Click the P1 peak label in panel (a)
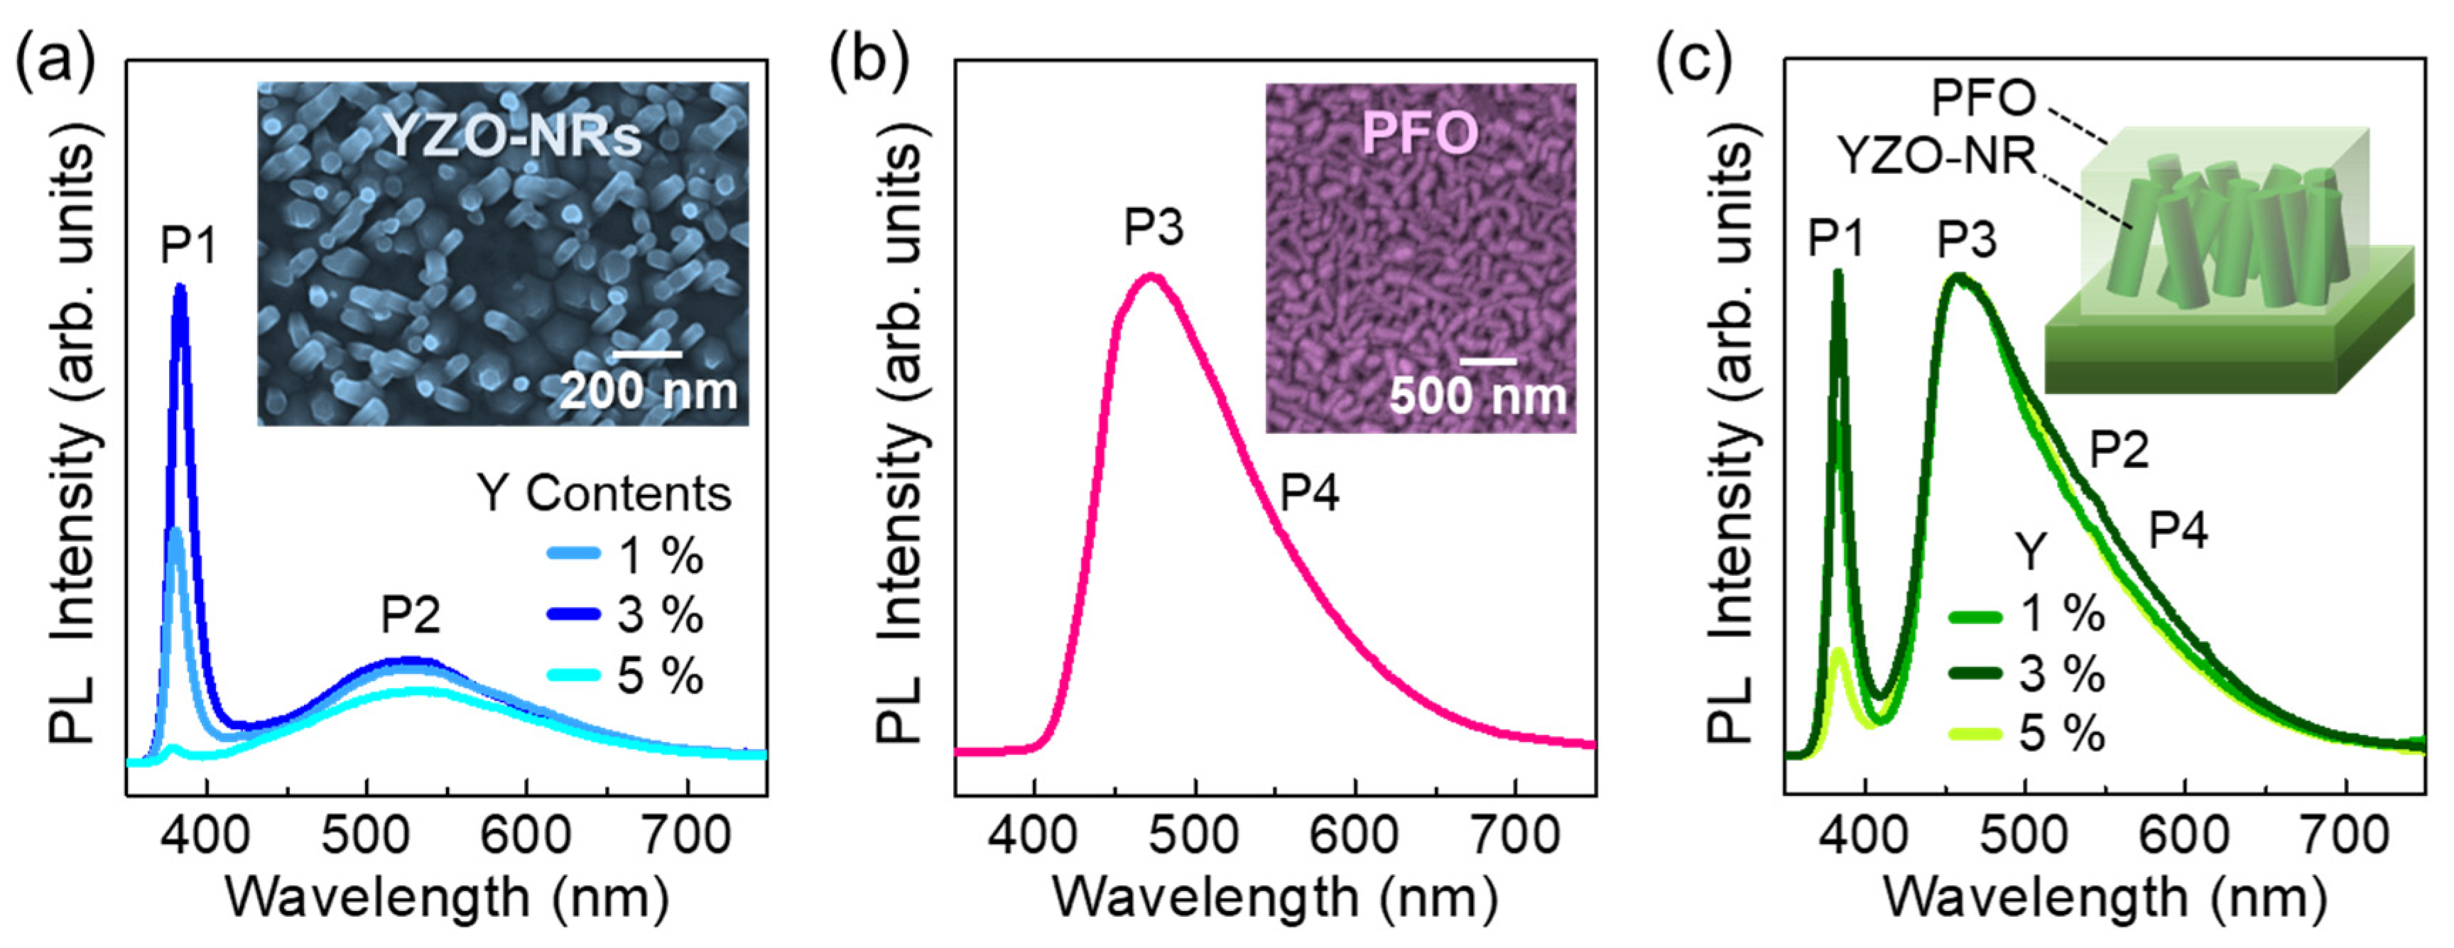pos(189,245)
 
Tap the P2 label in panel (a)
pos(411,614)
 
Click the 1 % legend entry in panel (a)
pos(659,555)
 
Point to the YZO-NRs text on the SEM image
pos(513,136)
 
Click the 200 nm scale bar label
pos(648,391)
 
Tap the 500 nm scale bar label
pos(1477,396)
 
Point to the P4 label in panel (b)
pos(1309,493)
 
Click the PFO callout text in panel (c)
pos(1983,97)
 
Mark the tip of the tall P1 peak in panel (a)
pos(179,286)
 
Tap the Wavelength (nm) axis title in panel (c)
pos(2105,898)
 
